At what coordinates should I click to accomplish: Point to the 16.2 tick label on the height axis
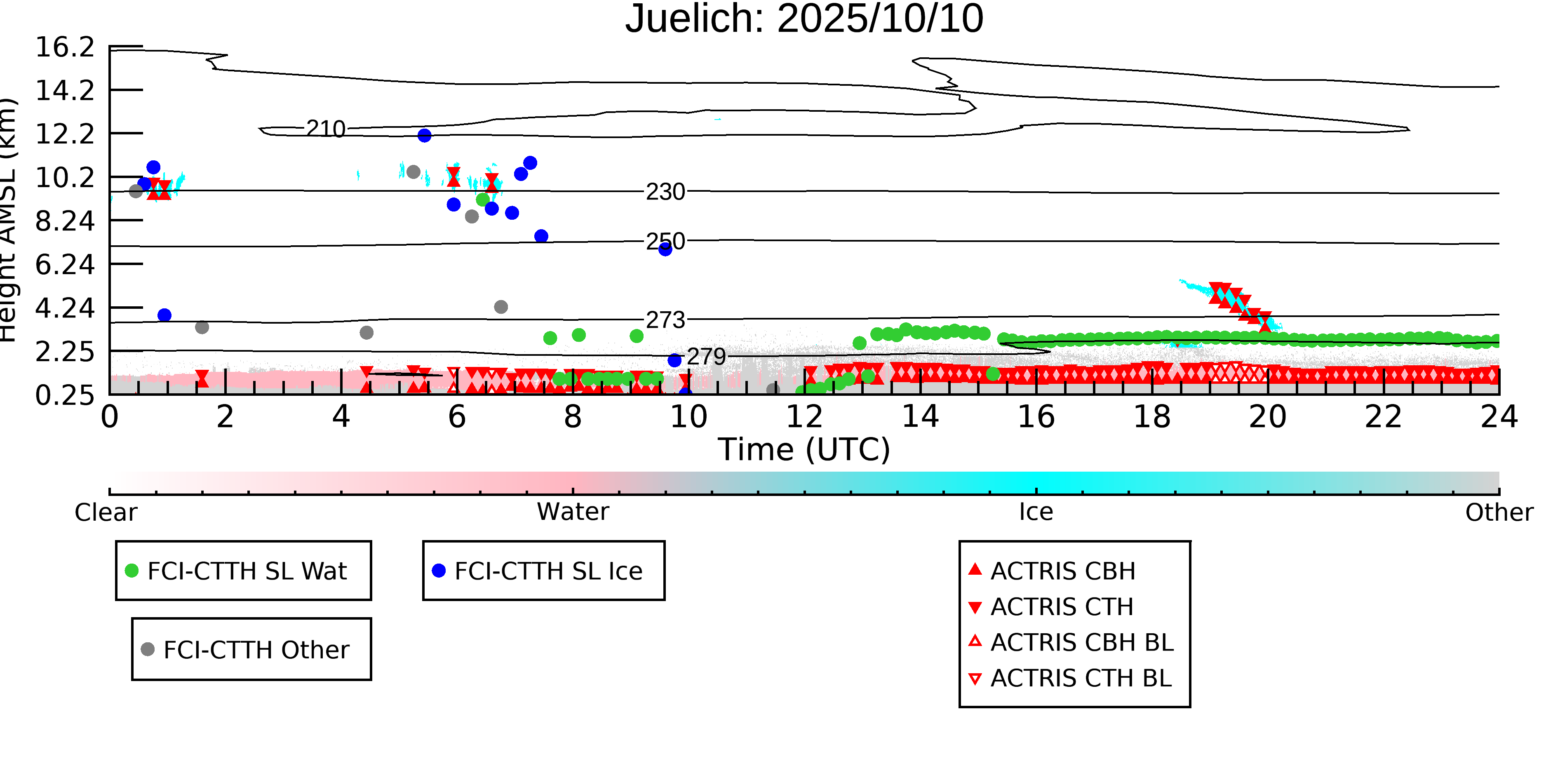(65, 47)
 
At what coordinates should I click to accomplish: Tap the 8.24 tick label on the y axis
(65, 221)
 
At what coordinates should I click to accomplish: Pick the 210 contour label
(326, 129)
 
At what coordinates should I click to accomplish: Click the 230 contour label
(665, 192)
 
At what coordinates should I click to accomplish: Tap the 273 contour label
(665, 320)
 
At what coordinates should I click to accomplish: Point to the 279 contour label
(706, 357)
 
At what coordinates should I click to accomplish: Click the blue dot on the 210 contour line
(424, 136)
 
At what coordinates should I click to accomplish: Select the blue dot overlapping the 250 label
(665, 249)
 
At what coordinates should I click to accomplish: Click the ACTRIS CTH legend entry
(1062, 607)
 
